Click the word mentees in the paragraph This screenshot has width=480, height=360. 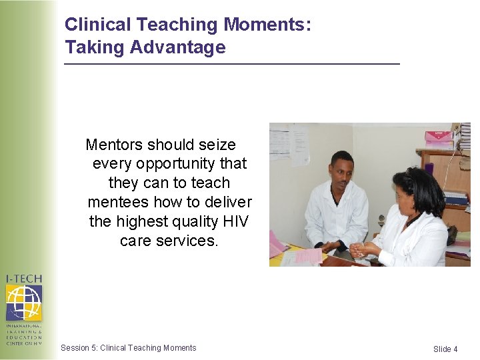tap(118, 202)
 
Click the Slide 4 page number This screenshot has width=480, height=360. tap(445, 349)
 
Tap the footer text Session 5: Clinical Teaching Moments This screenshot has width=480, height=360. tap(128, 348)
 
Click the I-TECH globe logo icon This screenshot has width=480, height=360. tap(24, 303)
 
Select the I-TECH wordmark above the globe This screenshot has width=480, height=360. tap(24, 279)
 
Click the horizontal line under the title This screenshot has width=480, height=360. tap(231, 64)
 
